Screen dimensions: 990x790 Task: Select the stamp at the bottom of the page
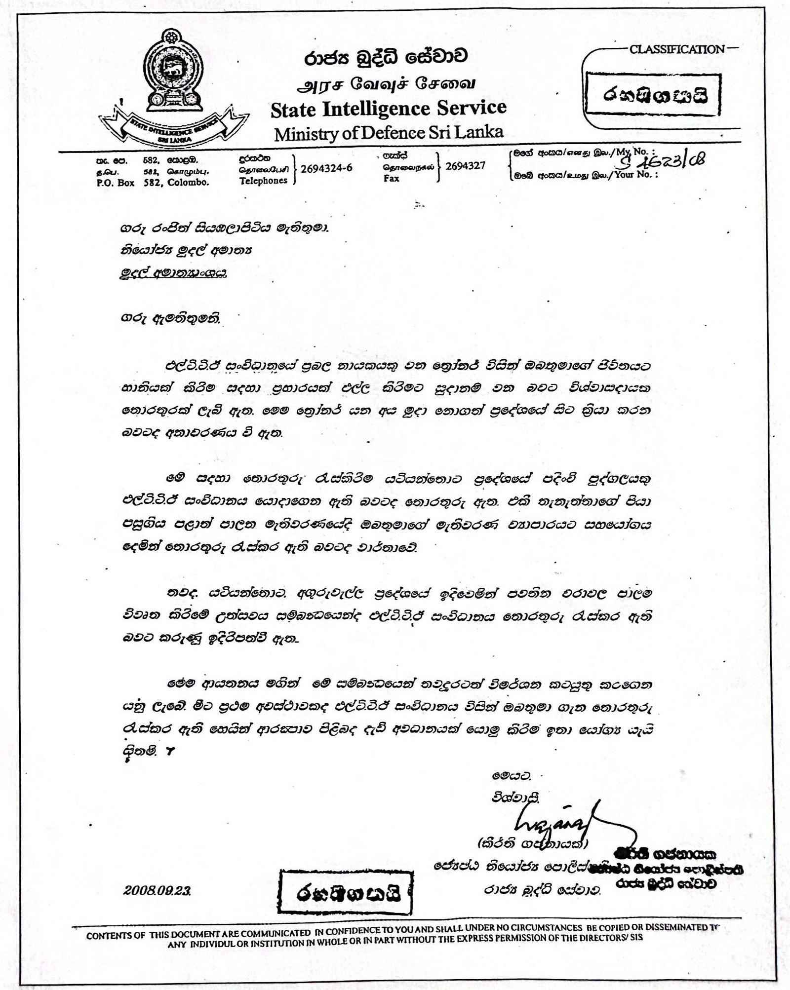tap(346, 893)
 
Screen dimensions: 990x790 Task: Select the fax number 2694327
tap(465, 166)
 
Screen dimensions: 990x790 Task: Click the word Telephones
tap(263, 181)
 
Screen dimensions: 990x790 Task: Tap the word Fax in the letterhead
tap(391, 178)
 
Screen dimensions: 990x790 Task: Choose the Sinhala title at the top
tap(385, 59)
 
